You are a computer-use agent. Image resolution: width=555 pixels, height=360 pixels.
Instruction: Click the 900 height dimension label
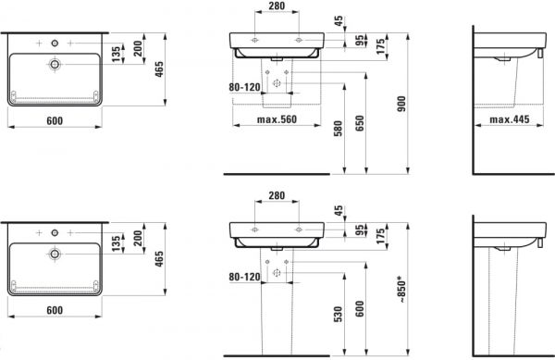(x=401, y=104)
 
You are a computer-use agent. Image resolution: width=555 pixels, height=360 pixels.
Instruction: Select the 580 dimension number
(x=339, y=129)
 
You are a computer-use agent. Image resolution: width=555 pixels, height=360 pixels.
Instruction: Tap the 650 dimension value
(x=360, y=123)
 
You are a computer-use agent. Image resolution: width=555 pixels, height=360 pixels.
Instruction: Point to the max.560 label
(x=277, y=119)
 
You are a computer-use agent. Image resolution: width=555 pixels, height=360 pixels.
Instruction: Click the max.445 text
(x=510, y=119)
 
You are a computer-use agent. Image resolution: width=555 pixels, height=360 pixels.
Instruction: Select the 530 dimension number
(x=339, y=315)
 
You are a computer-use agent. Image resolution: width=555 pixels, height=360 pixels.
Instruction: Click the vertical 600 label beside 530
(x=360, y=309)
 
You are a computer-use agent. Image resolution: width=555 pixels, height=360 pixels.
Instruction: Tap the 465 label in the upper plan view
(x=159, y=69)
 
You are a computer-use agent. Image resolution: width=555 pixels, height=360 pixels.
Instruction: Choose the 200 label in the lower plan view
(x=138, y=238)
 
